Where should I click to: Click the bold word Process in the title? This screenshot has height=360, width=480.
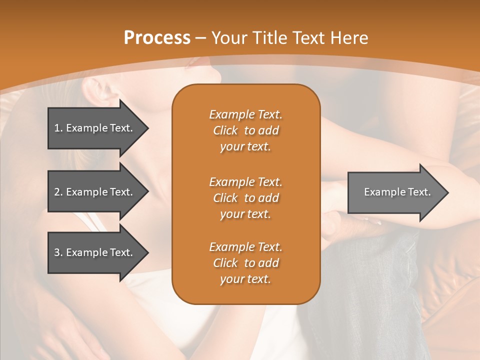coord(157,38)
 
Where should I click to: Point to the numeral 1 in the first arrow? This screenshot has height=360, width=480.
coord(57,128)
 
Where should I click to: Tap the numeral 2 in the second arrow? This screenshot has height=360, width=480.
coord(57,192)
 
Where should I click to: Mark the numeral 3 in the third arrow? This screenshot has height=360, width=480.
coord(57,252)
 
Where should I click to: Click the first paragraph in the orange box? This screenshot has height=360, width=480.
coord(245,130)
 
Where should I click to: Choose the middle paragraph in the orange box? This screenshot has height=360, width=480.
coord(245,198)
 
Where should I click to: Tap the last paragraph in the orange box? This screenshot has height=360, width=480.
coord(245,263)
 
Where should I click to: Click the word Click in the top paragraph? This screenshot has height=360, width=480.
coord(225,130)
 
